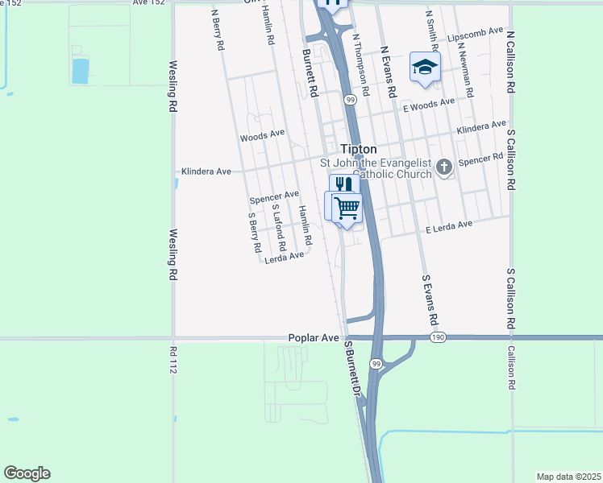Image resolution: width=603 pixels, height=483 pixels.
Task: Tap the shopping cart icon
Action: [x=347, y=208]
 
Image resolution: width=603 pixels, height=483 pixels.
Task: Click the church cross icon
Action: [x=443, y=167]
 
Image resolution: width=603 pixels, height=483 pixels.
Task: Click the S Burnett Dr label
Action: [x=351, y=368]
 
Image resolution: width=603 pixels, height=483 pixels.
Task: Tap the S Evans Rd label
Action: [x=430, y=299]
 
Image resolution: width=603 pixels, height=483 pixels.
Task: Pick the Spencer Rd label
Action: [x=480, y=161]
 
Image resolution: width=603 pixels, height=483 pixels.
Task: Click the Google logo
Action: [x=27, y=473]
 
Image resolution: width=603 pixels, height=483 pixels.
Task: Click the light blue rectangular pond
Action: [x=81, y=71]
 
